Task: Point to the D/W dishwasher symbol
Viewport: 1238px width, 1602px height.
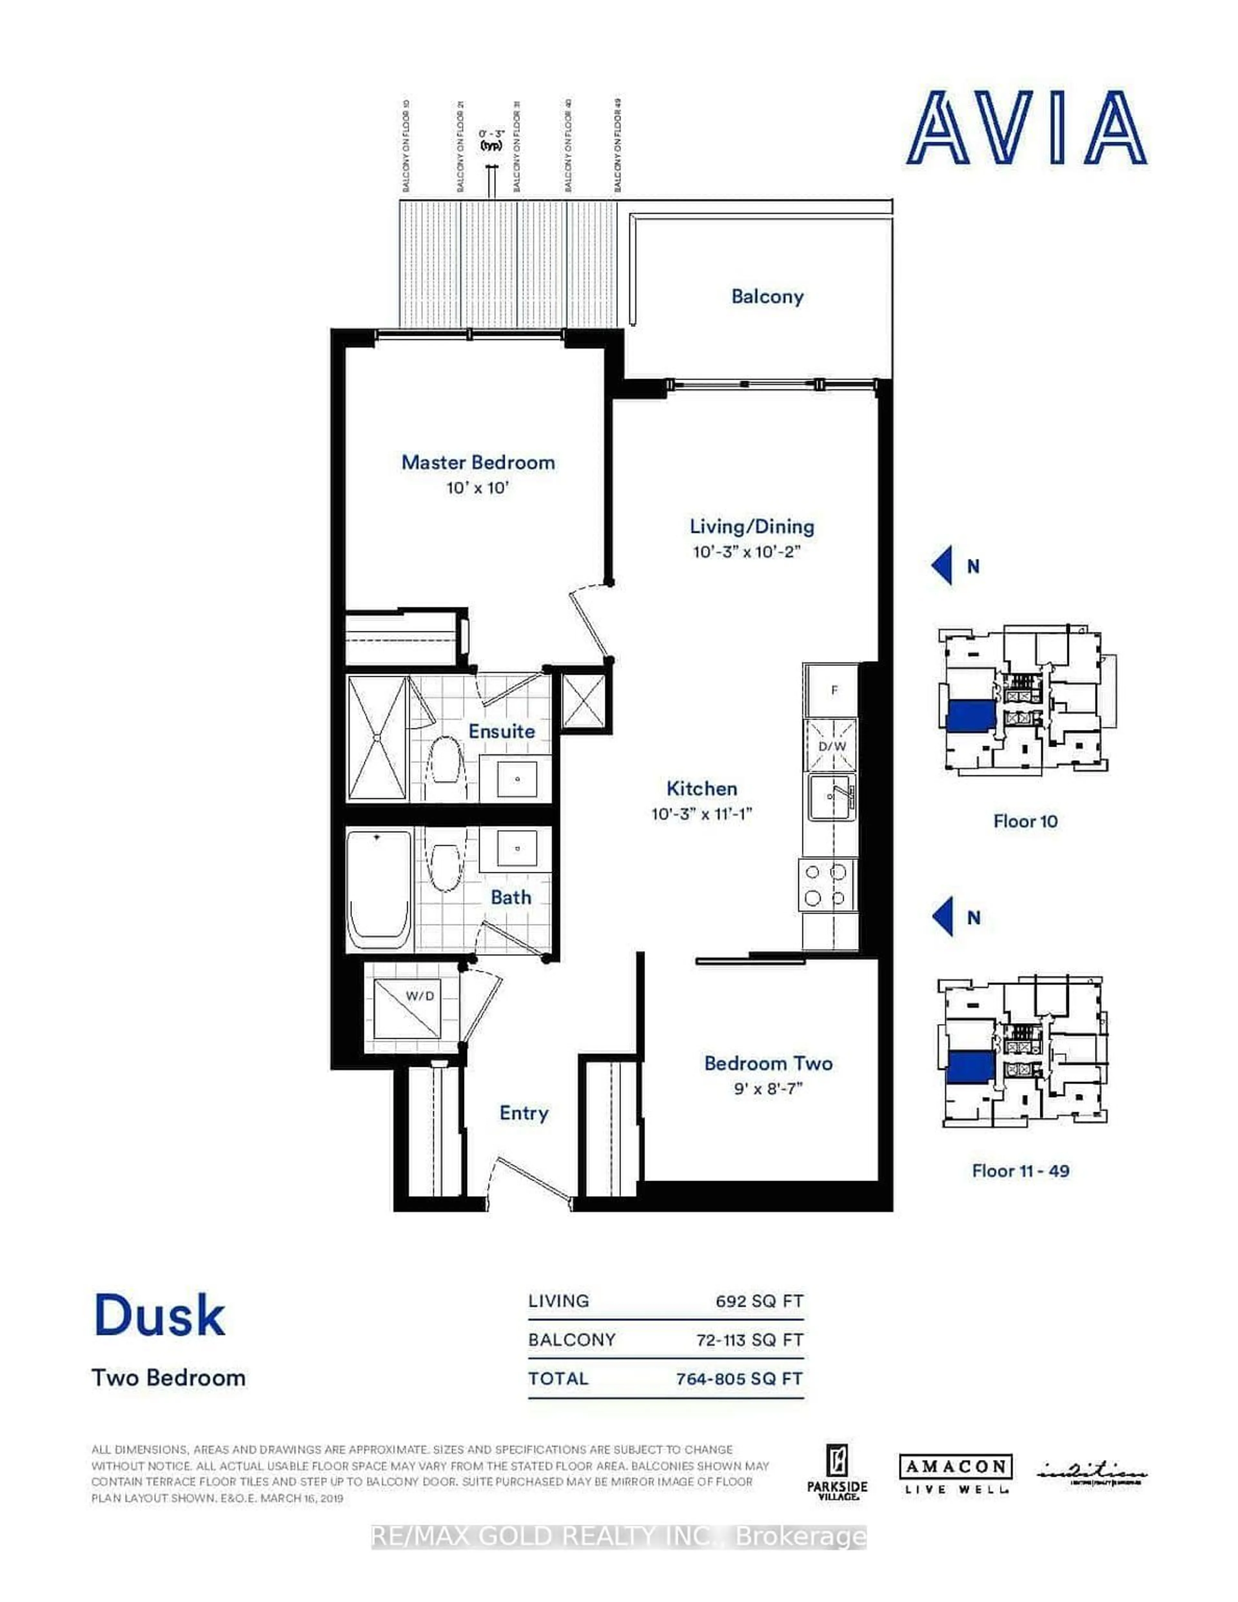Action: click(832, 745)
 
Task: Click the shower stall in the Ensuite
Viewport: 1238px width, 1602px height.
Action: click(377, 738)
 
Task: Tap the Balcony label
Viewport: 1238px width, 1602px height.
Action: click(767, 296)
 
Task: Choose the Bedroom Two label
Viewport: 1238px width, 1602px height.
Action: click(768, 1063)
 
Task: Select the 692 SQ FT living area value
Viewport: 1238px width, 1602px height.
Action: click(759, 1301)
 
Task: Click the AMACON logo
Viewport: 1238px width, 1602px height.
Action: click(956, 1467)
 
